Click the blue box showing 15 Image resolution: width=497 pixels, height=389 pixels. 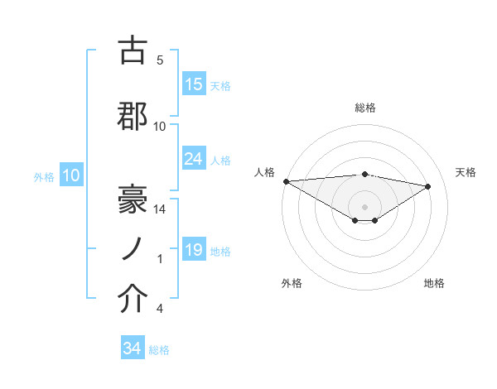point(194,84)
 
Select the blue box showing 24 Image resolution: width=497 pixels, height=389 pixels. point(194,159)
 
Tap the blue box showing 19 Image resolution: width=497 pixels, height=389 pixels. point(194,250)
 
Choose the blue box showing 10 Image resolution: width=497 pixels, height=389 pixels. point(70,175)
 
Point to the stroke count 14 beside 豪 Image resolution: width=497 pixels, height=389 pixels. point(160,209)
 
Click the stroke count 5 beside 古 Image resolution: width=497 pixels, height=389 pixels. point(160,60)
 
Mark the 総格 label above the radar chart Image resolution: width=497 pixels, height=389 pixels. point(365,108)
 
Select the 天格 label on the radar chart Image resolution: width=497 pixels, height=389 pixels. point(466,172)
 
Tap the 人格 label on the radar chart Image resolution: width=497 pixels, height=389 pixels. point(264,172)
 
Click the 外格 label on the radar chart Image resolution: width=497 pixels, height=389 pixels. point(292,283)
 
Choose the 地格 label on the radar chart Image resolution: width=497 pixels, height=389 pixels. point(434,283)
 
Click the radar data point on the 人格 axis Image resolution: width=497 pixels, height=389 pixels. point(286,180)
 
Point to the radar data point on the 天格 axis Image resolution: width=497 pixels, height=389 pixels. point(428,185)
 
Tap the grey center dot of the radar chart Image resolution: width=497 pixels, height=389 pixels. point(365,205)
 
